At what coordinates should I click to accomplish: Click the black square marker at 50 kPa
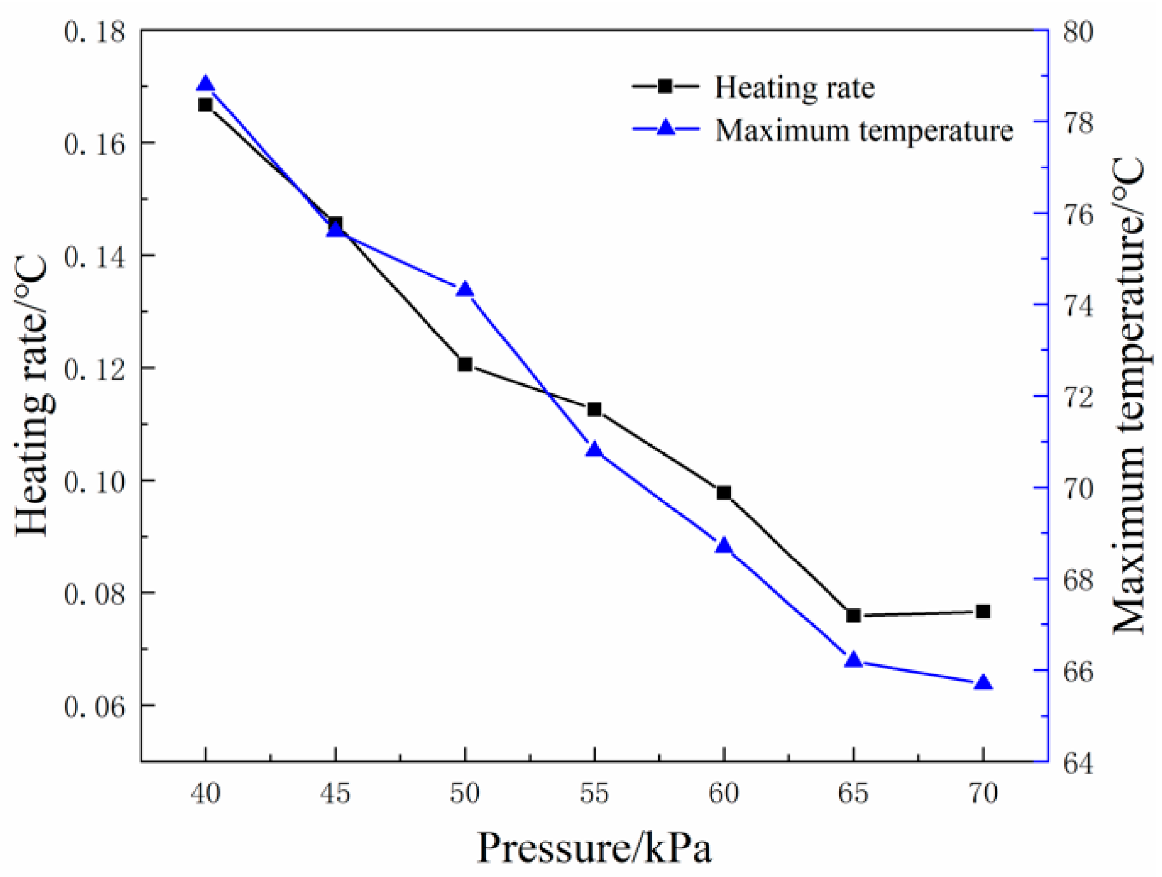click(465, 364)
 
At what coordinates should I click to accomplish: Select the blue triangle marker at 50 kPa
click(465, 290)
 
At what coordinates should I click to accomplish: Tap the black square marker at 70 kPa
click(983, 612)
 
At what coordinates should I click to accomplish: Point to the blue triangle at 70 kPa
click(983, 683)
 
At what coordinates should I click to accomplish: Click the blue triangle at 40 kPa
click(206, 85)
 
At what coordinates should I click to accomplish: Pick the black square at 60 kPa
click(724, 493)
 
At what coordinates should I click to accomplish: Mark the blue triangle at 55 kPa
click(594, 449)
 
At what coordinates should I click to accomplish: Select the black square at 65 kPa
click(854, 615)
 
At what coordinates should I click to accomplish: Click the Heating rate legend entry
click(794, 87)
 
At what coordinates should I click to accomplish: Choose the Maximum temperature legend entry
click(864, 131)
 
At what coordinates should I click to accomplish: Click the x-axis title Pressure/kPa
click(594, 848)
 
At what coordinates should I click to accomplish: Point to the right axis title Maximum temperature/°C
click(1128, 395)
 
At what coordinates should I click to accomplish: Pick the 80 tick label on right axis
click(1078, 31)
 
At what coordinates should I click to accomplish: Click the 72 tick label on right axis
click(1078, 397)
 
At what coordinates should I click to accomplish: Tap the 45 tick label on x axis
click(336, 794)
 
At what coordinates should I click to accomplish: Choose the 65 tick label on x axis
click(854, 794)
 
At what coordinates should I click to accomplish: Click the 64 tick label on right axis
click(1078, 763)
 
